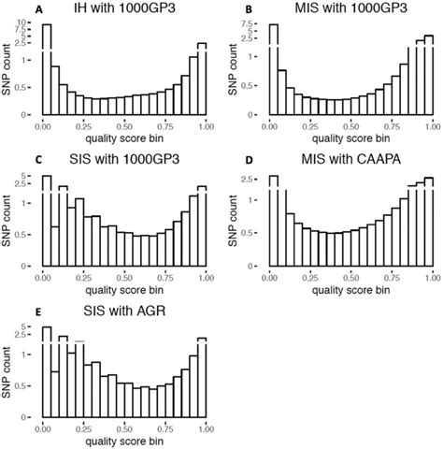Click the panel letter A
(11, 9)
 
